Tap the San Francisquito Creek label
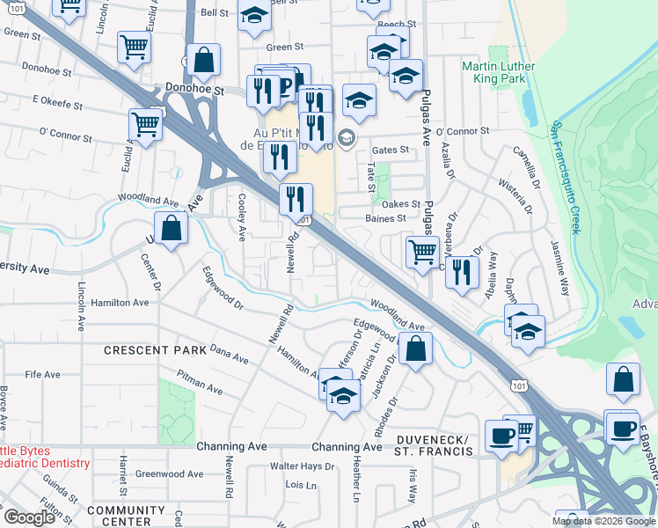coord(564,176)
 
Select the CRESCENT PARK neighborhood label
coord(148,349)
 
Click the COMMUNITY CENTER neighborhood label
coord(120,516)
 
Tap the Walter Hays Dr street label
coord(301,466)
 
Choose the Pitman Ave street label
coord(199,384)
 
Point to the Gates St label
coord(391,150)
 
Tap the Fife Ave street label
coord(42,374)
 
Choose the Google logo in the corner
coord(29,517)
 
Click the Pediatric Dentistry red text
coord(44,463)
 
